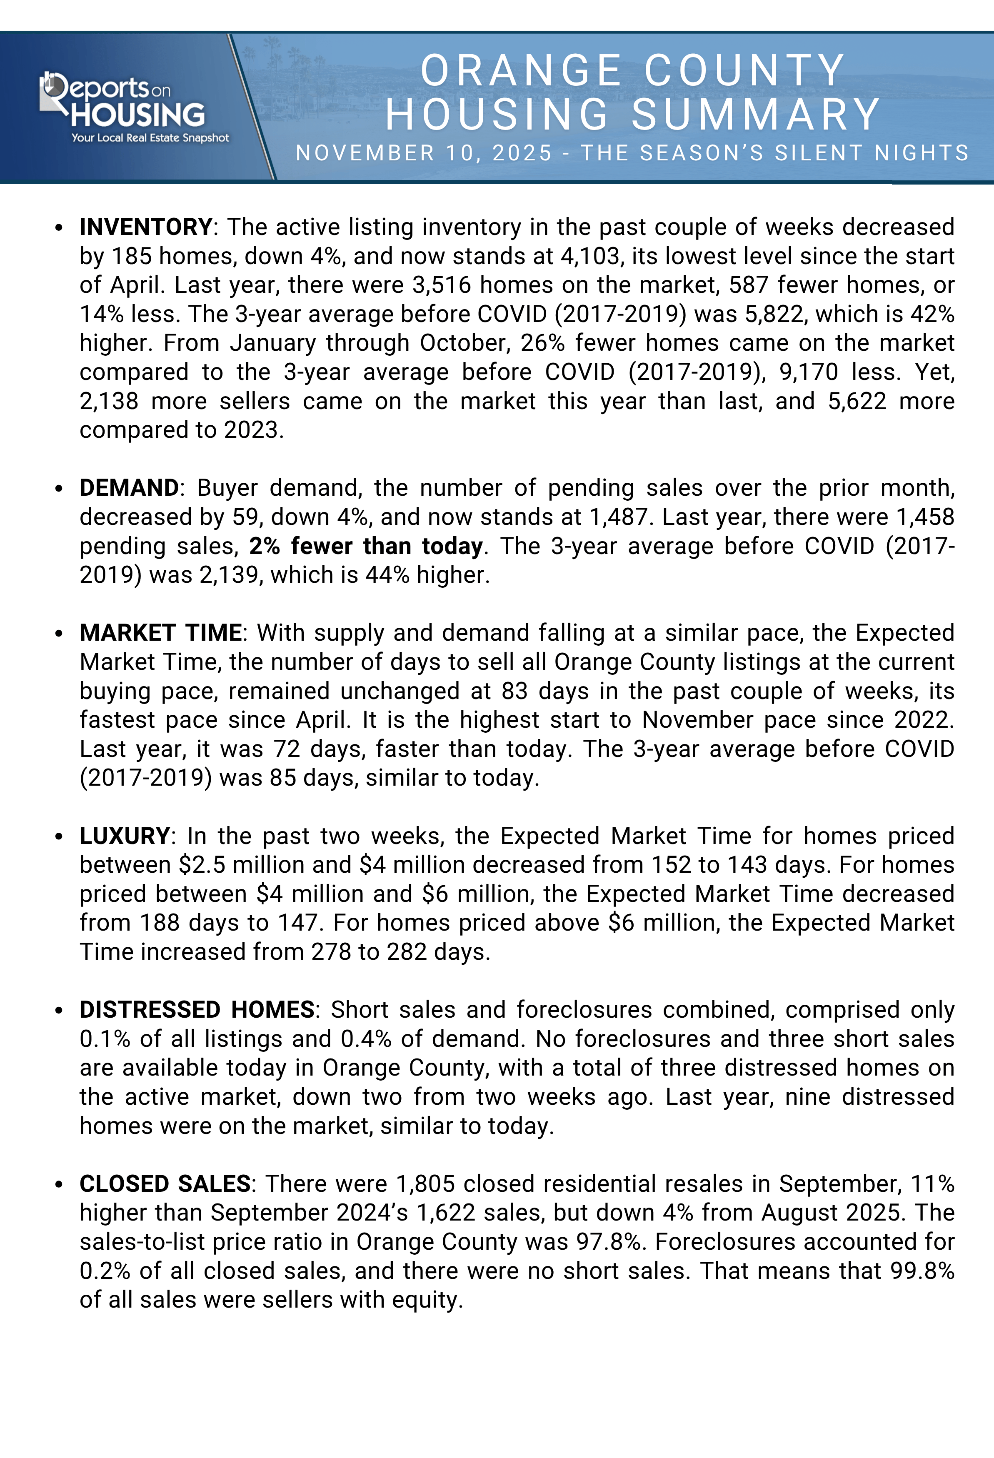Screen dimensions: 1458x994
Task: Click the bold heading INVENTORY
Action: click(x=145, y=227)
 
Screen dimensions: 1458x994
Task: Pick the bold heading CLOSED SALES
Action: click(x=165, y=1184)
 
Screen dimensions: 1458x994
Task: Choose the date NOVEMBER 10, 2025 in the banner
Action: click(x=424, y=153)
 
